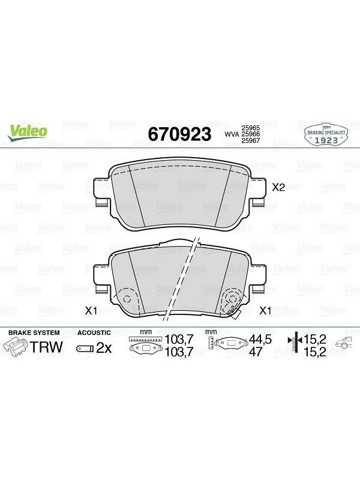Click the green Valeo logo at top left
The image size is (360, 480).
click(x=28, y=133)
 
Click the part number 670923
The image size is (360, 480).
click(x=179, y=134)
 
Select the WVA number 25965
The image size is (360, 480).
click(x=251, y=128)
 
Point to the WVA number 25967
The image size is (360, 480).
click(x=251, y=140)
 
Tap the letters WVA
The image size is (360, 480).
click(x=232, y=134)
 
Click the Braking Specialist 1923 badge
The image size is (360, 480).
click(x=326, y=134)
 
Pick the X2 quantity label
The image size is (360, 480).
click(x=278, y=187)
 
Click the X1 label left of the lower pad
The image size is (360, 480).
click(x=91, y=311)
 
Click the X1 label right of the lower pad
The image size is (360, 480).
click(x=265, y=311)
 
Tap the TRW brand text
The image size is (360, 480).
click(x=46, y=347)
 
